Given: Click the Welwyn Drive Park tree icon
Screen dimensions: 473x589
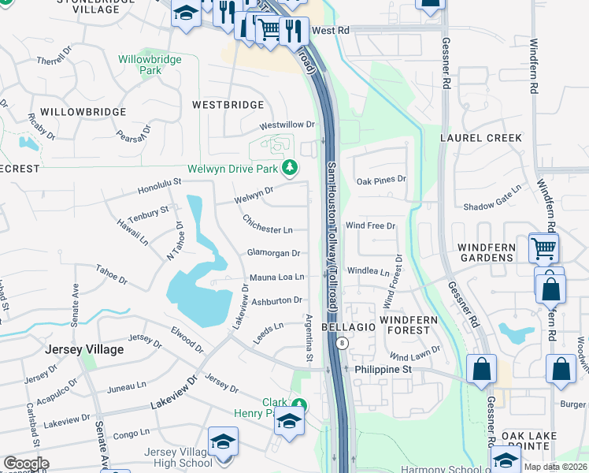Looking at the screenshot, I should point(291,167).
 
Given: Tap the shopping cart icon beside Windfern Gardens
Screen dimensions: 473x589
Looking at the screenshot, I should point(543,248).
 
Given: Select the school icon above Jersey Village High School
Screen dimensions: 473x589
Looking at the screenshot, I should point(223,440).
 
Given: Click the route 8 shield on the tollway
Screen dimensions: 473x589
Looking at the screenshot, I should point(343,343).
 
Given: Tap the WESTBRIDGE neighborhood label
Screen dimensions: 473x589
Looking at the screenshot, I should point(228,104).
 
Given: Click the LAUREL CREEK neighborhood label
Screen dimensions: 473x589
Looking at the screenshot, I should point(491,138).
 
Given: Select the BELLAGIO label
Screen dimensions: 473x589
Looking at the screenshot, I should point(350,326).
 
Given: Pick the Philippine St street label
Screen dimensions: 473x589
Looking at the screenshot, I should point(383,369).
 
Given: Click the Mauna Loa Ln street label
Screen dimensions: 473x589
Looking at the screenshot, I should point(276,277).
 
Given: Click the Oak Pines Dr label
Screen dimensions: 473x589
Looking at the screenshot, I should point(381,180).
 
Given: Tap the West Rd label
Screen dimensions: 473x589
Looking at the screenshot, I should point(330,30).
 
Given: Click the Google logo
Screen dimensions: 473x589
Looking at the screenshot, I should point(26,463).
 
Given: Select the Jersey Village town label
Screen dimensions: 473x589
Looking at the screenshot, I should point(84,349).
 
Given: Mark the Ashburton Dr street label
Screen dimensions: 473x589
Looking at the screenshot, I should point(276,300).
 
